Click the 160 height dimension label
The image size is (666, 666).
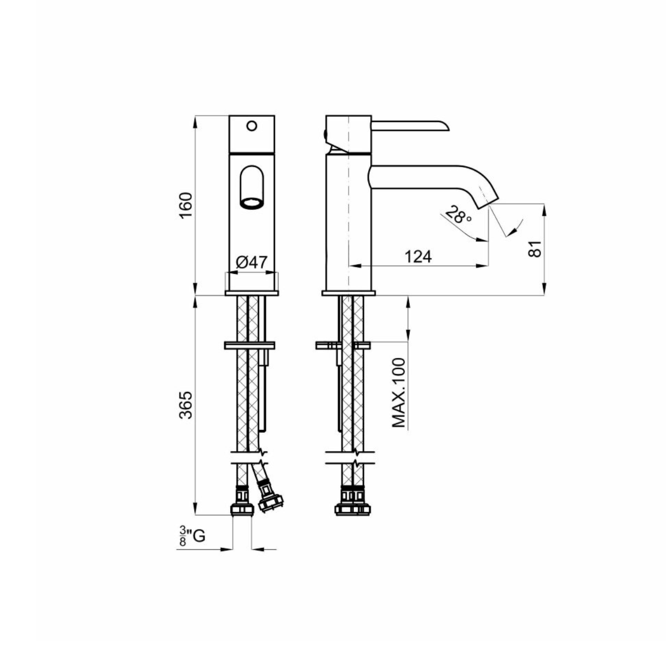tap(186, 205)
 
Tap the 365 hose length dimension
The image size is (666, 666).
tap(186, 405)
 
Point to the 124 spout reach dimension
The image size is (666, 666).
tap(418, 257)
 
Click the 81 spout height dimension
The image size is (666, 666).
tap(535, 248)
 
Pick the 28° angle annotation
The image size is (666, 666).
tap(458, 214)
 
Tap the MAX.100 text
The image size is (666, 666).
tap(399, 393)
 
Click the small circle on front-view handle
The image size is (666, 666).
tap(252, 125)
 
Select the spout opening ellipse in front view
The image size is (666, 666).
tap(251, 204)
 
